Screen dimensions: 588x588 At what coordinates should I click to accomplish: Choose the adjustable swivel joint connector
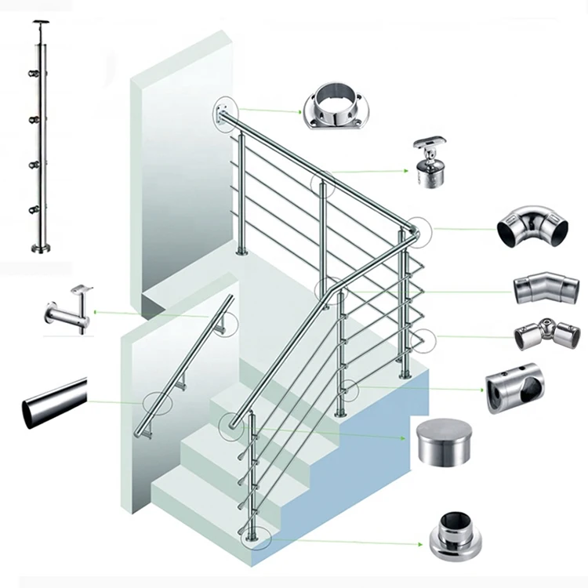tap(546, 335)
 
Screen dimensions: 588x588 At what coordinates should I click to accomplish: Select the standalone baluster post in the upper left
tap(41, 141)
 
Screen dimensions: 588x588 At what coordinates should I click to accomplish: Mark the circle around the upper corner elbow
tap(416, 230)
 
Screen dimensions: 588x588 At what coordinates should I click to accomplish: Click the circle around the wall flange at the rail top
tap(223, 114)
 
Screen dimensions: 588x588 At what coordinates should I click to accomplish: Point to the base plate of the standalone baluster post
tap(41, 249)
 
